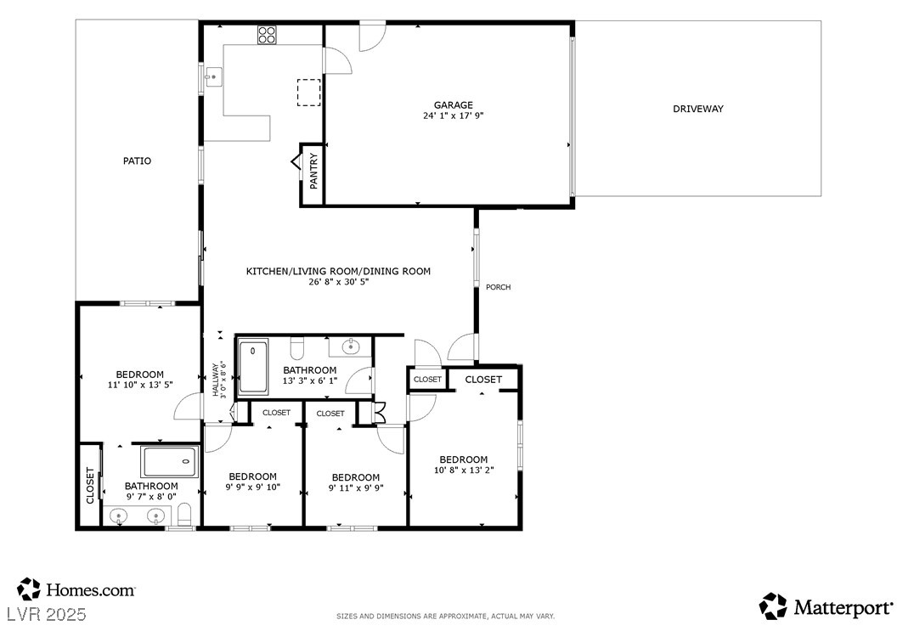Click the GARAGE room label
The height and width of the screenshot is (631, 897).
click(x=453, y=104)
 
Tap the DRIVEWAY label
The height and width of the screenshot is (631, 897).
click(x=698, y=109)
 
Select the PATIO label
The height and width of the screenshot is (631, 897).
click(x=138, y=161)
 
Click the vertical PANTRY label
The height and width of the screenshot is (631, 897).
click(x=313, y=171)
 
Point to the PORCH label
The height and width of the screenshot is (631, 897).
click(x=499, y=287)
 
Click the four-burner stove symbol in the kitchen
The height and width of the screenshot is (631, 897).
click(x=266, y=35)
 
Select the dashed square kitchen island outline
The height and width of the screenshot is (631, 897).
click(x=308, y=93)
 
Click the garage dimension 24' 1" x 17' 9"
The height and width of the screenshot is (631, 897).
click(x=454, y=115)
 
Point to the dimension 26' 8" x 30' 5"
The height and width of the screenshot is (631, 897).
click(x=338, y=281)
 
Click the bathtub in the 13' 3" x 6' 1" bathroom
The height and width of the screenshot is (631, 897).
click(x=253, y=366)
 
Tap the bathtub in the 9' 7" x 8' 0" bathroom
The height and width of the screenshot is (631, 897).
click(x=169, y=462)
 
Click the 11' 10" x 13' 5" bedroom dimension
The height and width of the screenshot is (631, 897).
click(x=140, y=385)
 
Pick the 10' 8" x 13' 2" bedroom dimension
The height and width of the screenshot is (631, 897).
click(x=464, y=470)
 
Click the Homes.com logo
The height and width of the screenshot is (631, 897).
click(x=76, y=589)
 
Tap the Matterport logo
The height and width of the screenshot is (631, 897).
click(x=826, y=606)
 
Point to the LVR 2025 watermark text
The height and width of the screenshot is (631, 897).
click(x=46, y=615)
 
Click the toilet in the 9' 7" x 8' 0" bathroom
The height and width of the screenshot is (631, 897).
click(x=185, y=515)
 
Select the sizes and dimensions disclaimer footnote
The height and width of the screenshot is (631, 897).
click(x=446, y=616)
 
